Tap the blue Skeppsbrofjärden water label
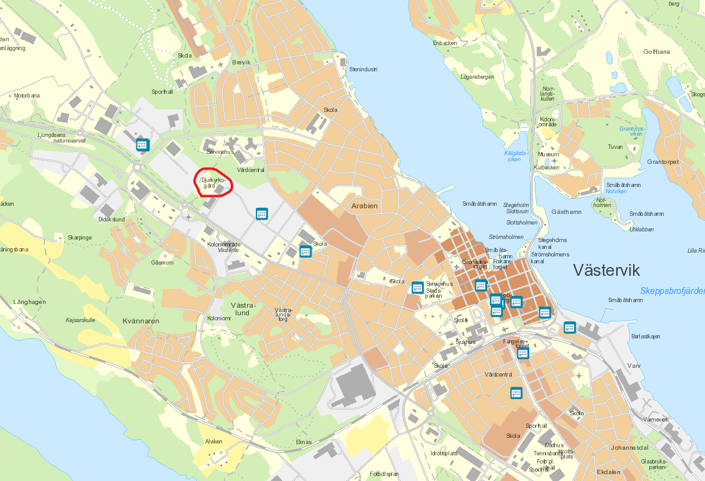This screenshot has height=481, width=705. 672,291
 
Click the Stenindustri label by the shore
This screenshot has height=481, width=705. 363,69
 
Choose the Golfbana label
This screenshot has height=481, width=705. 656,52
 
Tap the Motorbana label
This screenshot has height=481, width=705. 27,96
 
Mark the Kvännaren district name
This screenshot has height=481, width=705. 141,321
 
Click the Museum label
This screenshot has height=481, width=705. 548,154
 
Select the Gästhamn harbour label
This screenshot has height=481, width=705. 567,212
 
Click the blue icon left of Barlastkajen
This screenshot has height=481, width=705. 569,327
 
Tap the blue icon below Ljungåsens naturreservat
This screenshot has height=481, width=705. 143,145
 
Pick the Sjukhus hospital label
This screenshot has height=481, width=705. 465,342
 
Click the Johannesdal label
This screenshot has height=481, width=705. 629,448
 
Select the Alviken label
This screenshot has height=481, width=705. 214,441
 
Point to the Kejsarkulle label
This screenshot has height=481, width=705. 80,320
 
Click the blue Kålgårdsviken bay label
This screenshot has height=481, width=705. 515,156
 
